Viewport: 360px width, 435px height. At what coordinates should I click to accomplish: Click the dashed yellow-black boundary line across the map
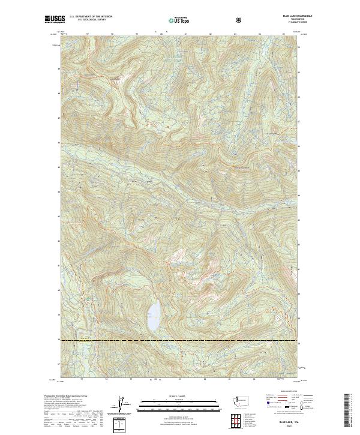click(180, 341)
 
